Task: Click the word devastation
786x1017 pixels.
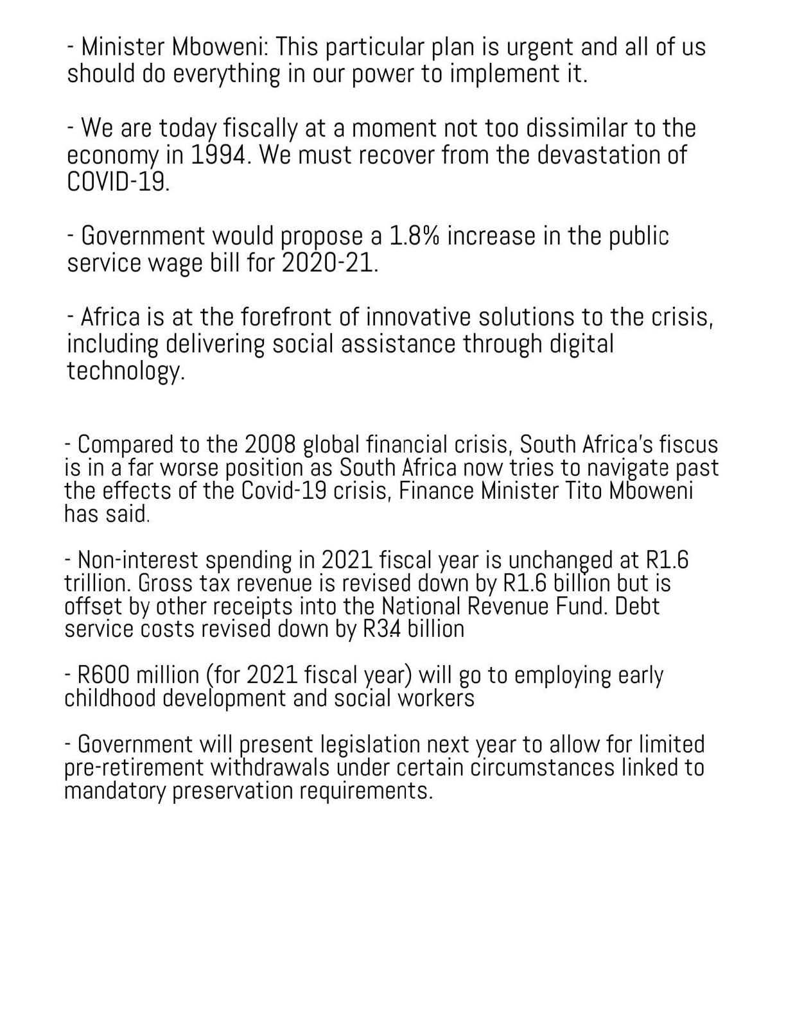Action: click(600, 155)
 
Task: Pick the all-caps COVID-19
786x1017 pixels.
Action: click(118, 182)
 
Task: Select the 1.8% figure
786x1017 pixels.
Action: click(414, 236)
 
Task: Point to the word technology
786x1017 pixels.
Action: click(125, 371)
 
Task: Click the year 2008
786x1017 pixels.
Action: click(270, 444)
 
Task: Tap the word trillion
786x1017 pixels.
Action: click(98, 583)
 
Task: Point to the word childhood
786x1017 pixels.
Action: click(110, 699)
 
